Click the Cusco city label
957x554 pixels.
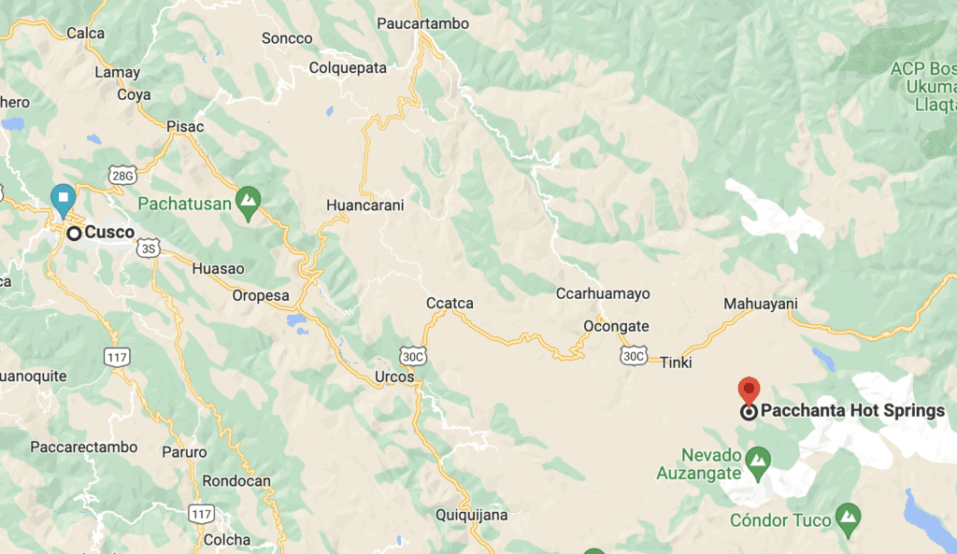[109, 233]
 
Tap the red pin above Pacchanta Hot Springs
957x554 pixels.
[749, 390]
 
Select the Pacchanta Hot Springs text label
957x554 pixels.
[852, 410]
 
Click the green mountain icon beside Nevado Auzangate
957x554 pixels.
[759, 458]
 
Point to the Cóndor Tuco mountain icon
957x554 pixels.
[849, 516]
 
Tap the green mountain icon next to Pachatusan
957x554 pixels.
[248, 199]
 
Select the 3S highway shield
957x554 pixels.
[148, 248]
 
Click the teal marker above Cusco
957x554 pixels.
[63, 197]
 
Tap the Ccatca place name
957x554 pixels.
[450, 303]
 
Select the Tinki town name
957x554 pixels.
[676, 362]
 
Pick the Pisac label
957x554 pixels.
[185, 126]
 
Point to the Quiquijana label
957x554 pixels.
[472, 514]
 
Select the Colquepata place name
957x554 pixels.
[348, 67]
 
